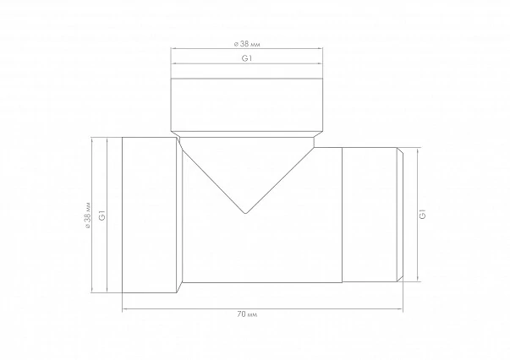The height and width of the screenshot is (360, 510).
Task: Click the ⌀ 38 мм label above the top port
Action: pos(247,44)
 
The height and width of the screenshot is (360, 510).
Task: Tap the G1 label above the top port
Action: pos(247,58)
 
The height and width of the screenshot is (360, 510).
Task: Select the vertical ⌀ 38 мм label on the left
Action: pos(87,215)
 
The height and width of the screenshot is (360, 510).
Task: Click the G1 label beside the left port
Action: pos(102,215)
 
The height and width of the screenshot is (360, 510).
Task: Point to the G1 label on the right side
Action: pos(423,214)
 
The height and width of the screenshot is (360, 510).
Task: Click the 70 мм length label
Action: pos(247,314)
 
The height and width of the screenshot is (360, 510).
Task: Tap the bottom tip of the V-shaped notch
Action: pos(245,214)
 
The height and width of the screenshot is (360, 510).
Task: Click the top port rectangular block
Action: pos(247,105)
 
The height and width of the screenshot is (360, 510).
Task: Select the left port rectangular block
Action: pos(150,215)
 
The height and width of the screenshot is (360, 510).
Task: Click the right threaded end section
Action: pos(370,215)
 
